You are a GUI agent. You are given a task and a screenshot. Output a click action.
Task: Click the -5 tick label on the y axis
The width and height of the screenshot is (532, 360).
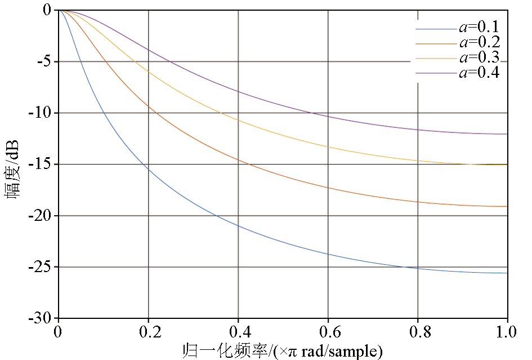[43, 61]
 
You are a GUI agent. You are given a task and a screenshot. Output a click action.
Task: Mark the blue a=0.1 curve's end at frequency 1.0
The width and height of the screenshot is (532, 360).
[507, 273]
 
